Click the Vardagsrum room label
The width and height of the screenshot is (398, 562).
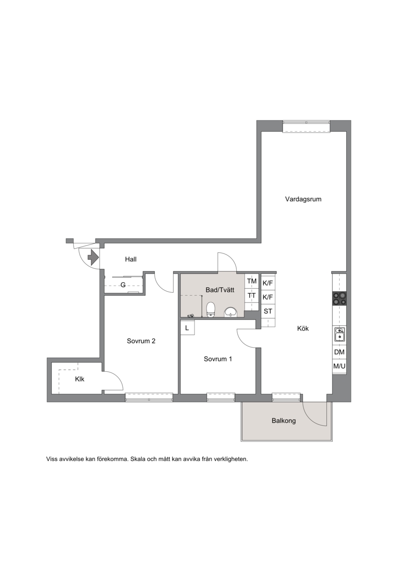pyautogui.click(x=303, y=199)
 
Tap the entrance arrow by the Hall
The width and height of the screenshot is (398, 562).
pyautogui.click(x=93, y=257)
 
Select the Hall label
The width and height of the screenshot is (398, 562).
pyautogui.click(x=131, y=259)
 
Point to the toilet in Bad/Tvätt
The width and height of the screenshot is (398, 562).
pyautogui.click(x=210, y=310)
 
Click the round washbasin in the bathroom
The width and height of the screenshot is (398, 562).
pyautogui.click(x=230, y=313)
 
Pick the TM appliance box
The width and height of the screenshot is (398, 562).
pyautogui.click(x=252, y=281)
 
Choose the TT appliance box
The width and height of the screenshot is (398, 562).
pyautogui.click(x=252, y=296)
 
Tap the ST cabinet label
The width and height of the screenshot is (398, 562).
pyautogui.click(x=268, y=311)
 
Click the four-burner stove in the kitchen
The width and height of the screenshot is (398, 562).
pyautogui.click(x=339, y=298)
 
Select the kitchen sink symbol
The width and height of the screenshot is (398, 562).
pyautogui.click(x=339, y=334)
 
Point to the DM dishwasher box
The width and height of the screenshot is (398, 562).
pyautogui.click(x=339, y=352)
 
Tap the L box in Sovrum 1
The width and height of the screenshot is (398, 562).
pyautogui.click(x=187, y=328)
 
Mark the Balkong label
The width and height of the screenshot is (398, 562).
pyautogui.click(x=284, y=421)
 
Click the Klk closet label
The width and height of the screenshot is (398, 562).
pyautogui.click(x=80, y=379)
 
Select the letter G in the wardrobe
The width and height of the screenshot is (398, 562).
pyautogui.click(x=123, y=285)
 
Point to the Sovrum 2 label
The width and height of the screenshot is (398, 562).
pyautogui.click(x=141, y=341)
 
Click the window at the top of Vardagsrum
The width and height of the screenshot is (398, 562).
pyautogui.click(x=306, y=126)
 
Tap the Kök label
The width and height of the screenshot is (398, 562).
pyautogui.click(x=303, y=328)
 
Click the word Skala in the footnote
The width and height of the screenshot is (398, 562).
pyautogui.click(x=139, y=459)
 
